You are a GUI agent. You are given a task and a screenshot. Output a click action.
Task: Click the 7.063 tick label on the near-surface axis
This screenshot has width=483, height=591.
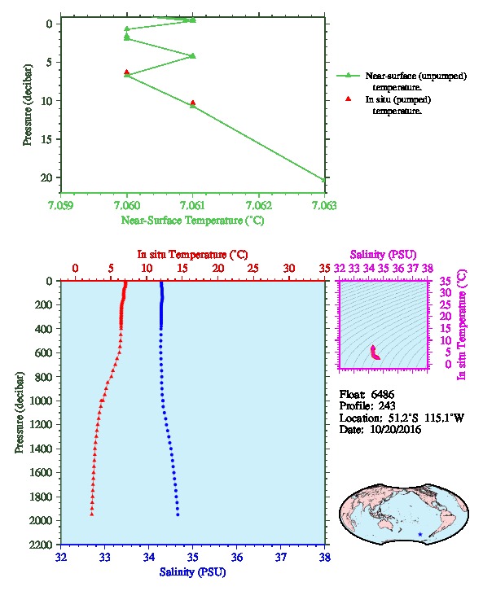pos(324,205)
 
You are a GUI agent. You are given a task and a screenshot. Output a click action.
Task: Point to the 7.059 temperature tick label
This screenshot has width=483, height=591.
pos(61,205)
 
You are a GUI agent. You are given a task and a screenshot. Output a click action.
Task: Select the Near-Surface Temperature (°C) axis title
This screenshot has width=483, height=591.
pos(192,221)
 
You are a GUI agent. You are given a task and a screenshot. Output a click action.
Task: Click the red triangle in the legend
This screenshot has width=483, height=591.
pos(349,99)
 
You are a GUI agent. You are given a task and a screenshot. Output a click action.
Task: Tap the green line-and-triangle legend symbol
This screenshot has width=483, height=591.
pos(348,76)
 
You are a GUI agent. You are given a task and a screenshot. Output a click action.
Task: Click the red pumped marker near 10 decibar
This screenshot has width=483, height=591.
pos(193,103)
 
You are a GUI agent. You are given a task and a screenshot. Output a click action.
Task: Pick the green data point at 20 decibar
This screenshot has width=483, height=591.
pos(323,180)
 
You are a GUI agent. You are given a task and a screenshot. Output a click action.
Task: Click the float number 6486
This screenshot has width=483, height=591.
pos(382,395)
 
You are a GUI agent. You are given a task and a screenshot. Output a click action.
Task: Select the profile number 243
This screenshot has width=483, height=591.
pos(387,406)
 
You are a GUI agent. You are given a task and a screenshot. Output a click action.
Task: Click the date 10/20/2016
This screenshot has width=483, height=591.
pos(396,430)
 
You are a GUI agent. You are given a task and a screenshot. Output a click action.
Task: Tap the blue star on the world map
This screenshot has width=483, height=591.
pos(420,534)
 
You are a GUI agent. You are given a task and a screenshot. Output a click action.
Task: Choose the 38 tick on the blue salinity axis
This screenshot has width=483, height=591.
pos(325,557)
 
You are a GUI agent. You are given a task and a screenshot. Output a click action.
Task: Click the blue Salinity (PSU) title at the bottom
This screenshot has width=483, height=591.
pos(193,572)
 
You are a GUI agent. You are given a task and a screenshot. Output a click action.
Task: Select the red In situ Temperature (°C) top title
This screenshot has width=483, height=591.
pos(192,255)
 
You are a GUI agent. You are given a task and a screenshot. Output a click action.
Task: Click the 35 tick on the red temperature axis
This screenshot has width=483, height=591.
pos(325,269)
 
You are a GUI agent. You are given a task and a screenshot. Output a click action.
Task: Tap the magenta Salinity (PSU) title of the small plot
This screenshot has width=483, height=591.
pos(383,255)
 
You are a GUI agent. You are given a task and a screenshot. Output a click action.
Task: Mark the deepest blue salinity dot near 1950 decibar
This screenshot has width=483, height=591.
pos(178,514)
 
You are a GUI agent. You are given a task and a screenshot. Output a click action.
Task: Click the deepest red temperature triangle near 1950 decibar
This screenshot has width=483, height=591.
pos(91,514)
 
